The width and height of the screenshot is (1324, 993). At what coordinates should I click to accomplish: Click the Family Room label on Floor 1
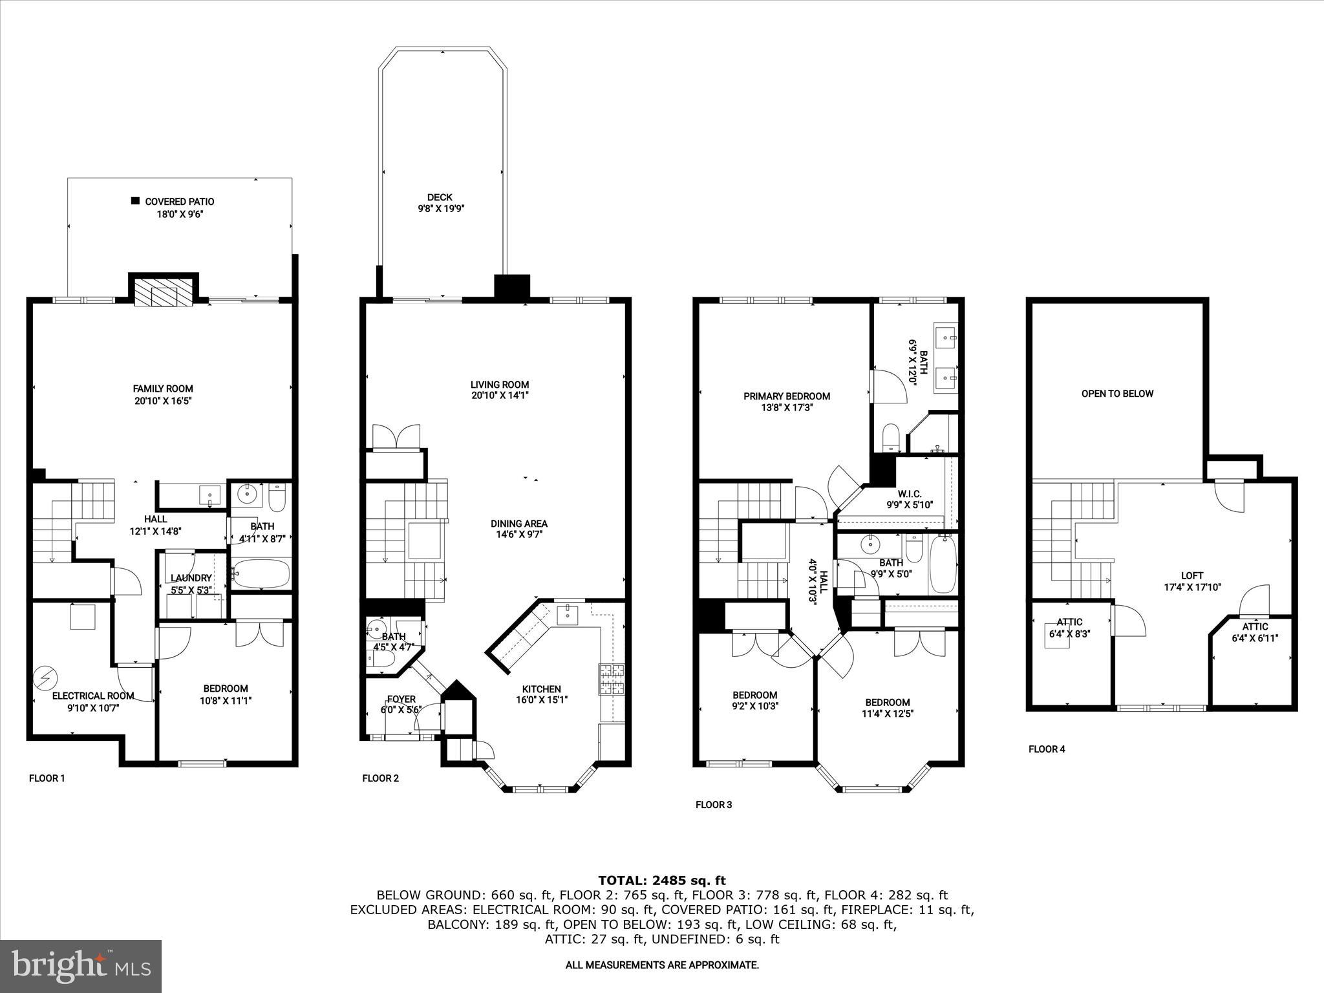[163, 389]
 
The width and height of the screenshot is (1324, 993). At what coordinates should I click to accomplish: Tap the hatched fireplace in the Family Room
[164, 292]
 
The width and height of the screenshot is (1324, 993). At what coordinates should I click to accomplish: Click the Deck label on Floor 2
[440, 197]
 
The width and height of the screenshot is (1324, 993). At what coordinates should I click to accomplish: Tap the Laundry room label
[191, 578]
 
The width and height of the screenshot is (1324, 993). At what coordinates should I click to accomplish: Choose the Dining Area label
[518, 524]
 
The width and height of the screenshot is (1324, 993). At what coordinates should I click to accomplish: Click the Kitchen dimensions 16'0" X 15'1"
[541, 700]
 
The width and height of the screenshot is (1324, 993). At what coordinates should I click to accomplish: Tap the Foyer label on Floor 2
[401, 699]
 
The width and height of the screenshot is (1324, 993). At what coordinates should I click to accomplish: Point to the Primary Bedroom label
[786, 396]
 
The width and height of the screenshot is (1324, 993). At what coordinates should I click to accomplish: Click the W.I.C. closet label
[909, 494]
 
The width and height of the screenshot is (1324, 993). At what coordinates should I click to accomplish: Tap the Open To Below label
[1117, 394]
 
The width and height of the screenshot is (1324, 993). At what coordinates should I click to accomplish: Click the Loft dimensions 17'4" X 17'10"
[1191, 588]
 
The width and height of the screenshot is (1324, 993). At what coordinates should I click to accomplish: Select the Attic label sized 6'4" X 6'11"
[1255, 626]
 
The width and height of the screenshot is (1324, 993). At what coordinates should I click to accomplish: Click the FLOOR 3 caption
[713, 805]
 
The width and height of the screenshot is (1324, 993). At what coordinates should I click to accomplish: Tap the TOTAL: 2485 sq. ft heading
[661, 880]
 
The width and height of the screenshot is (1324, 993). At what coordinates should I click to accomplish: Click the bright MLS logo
[81, 966]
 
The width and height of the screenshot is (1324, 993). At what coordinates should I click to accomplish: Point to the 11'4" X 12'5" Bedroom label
[888, 702]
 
